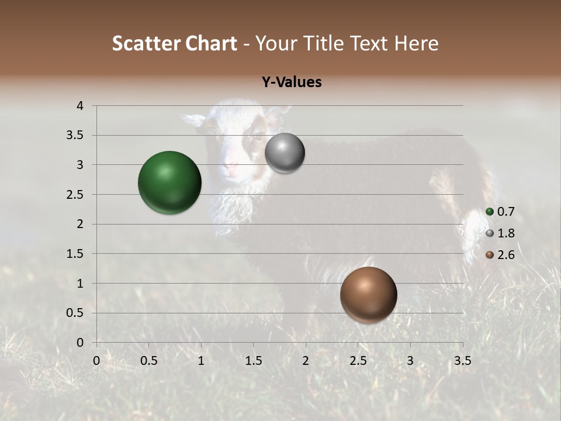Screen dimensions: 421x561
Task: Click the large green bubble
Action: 169,182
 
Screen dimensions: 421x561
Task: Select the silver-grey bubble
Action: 285,153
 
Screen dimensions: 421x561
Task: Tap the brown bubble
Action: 368,295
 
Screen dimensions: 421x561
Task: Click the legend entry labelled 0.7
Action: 500,212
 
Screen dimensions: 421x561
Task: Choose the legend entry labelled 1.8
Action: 500,233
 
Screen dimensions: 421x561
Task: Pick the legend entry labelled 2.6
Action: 500,255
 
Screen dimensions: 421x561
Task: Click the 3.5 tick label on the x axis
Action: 462,361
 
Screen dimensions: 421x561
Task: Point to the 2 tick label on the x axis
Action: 306,361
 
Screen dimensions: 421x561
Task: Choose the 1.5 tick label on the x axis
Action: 253,361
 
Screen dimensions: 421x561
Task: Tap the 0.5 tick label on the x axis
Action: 148,361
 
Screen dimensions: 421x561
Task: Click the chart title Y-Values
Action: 291,82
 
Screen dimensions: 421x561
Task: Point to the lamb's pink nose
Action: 232,169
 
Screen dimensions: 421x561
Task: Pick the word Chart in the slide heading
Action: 212,43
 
